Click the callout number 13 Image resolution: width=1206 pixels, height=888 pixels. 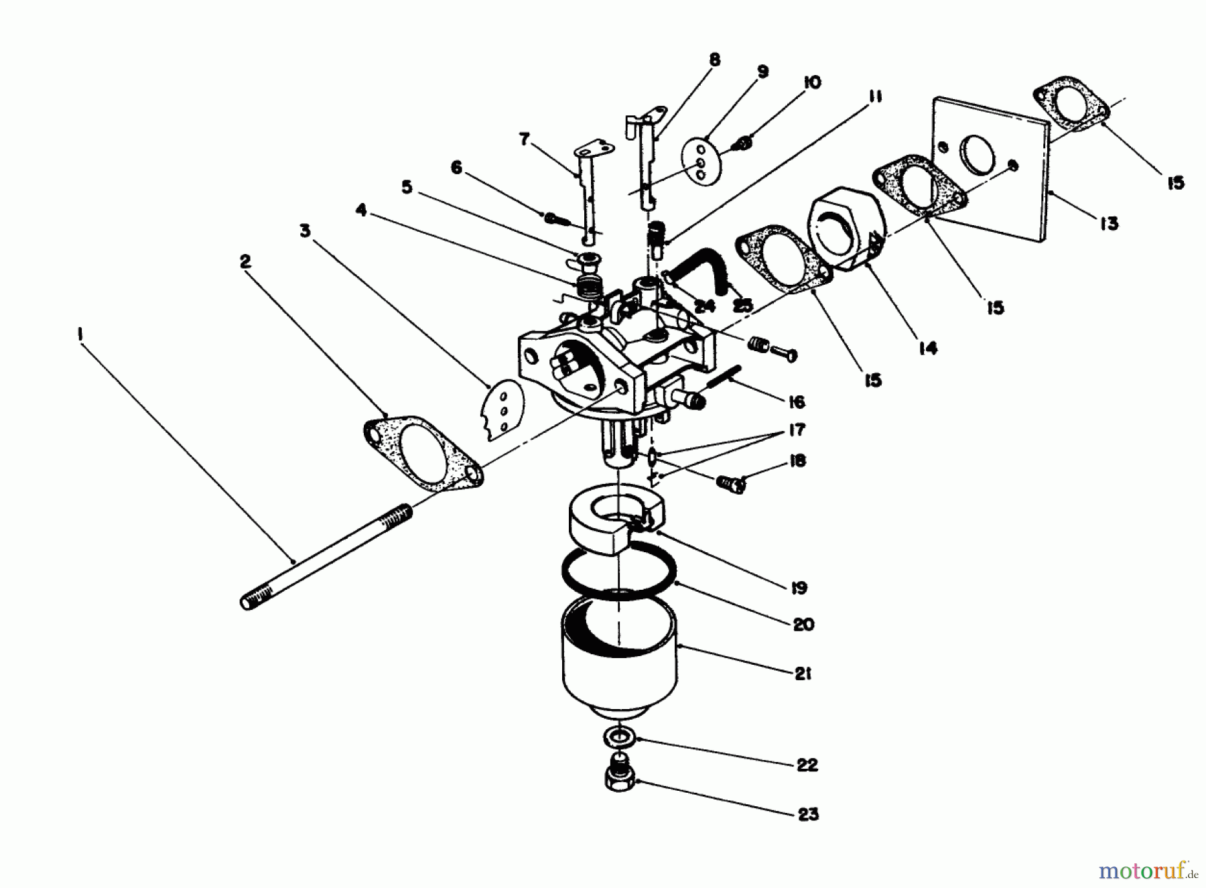click(x=1110, y=223)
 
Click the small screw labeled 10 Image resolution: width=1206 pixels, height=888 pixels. click(x=744, y=141)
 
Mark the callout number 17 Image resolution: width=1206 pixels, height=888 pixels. click(x=797, y=430)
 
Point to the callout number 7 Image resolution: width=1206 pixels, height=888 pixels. click(x=524, y=139)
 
